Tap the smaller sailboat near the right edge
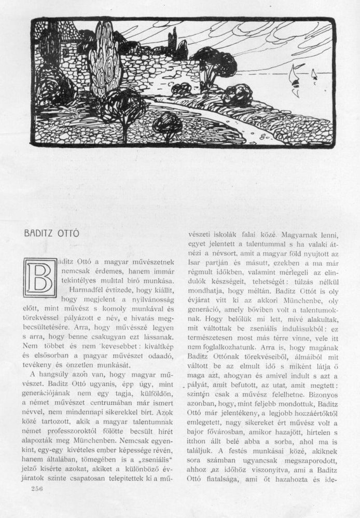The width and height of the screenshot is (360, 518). tap(313, 77)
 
